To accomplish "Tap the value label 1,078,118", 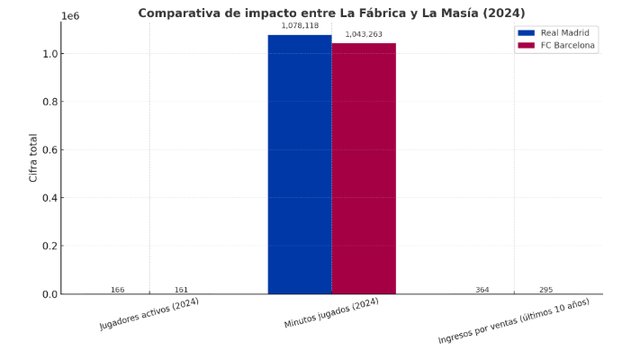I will [300, 26].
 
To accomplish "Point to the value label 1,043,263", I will [364, 34].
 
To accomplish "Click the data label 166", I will [117, 290].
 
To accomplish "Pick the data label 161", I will [181, 290].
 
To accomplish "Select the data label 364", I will [482, 290].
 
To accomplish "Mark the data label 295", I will [545, 290].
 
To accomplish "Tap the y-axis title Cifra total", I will [33, 158].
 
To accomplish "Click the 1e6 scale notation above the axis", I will [69, 16].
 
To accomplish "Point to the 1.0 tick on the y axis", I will [50, 54].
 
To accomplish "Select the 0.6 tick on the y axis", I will [50, 150].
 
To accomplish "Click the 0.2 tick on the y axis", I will [50, 246].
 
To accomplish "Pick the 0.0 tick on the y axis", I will [50, 294].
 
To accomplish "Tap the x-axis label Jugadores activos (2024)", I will [149, 313].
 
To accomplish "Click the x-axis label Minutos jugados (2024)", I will [331, 313].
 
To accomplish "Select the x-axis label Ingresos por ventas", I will [514, 321].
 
